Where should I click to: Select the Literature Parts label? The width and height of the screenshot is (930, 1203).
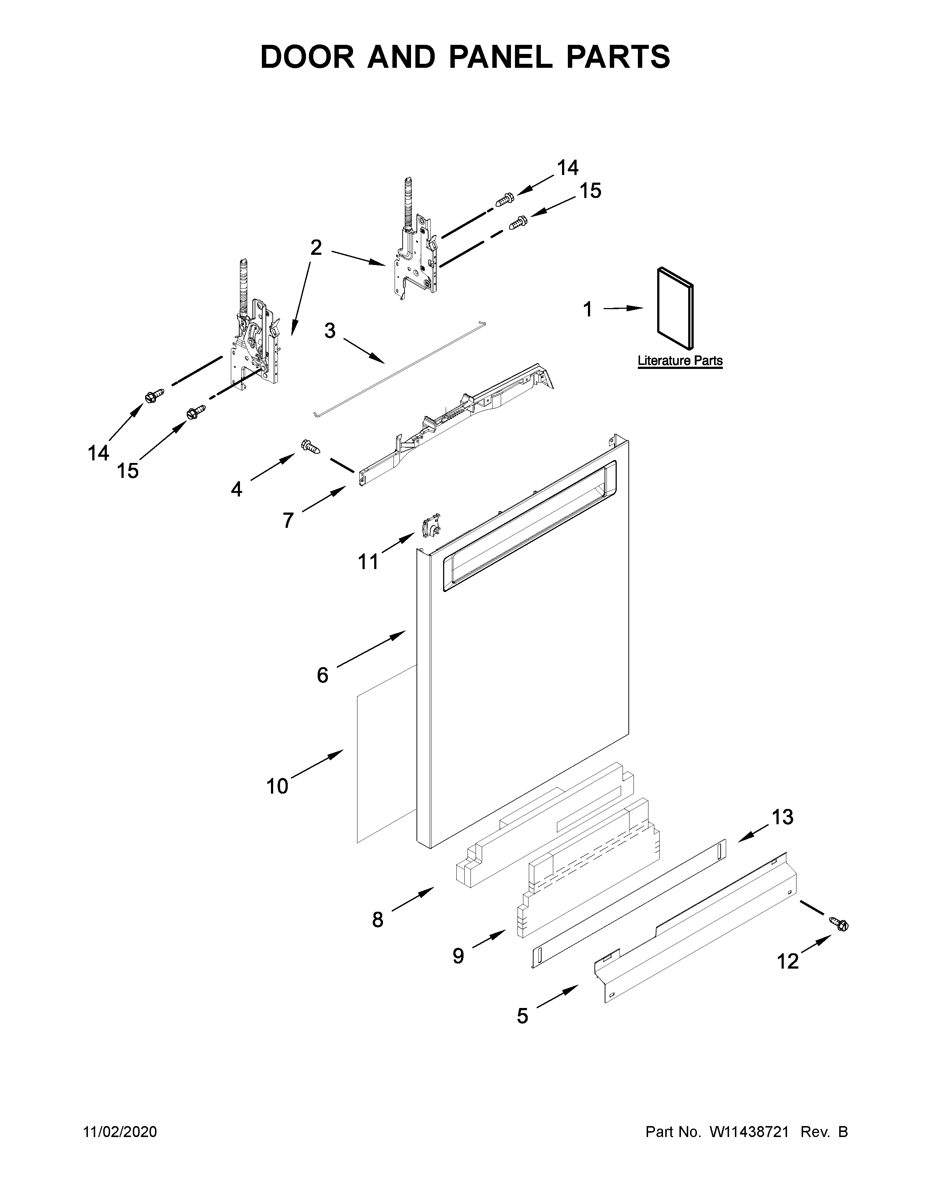pyautogui.click(x=680, y=361)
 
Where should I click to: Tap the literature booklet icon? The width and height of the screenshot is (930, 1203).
pyautogui.click(x=675, y=308)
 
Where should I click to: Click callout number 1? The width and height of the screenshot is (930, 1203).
pyautogui.click(x=588, y=309)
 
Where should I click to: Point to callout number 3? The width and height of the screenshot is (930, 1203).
pyautogui.click(x=329, y=331)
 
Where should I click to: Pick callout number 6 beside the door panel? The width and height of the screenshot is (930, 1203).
pyautogui.click(x=322, y=675)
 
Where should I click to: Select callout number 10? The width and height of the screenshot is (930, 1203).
pyautogui.click(x=277, y=786)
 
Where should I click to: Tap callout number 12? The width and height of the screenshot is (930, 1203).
pyautogui.click(x=787, y=961)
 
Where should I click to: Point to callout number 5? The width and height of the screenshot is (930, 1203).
pyautogui.click(x=522, y=1016)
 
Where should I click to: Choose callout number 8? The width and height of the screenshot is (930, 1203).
pyautogui.click(x=377, y=919)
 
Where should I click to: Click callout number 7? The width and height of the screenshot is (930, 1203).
pyautogui.click(x=288, y=520)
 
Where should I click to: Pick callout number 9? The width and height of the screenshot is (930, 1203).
pyautogui.click(x=458, y=956)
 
